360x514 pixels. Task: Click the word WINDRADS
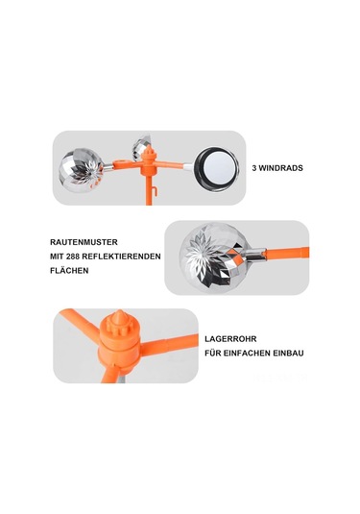(284, 167)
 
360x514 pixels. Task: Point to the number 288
(82, 257)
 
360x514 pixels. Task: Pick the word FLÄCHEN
(69, 271)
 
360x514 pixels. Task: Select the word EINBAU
(287, 354)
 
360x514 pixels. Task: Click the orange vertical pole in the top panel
(145, 188)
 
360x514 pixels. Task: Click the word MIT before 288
(60, 257)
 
